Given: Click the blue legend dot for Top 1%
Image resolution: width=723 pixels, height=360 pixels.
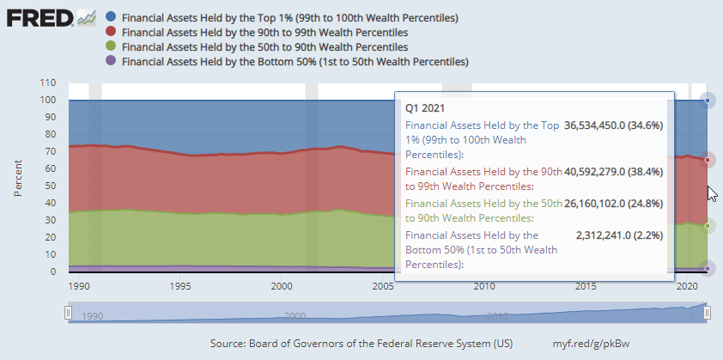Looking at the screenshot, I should pos(110,17).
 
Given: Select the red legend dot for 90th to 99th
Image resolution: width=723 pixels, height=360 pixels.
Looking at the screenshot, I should pos(110,32).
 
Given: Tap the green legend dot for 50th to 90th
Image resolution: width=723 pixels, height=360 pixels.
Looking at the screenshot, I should pos(110,46).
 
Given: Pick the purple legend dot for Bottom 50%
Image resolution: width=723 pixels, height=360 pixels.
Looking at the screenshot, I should pos(110,61).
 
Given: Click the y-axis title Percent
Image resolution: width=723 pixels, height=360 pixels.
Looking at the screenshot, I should pos(18,177).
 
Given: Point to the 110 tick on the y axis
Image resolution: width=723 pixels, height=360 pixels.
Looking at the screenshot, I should pos(48,83).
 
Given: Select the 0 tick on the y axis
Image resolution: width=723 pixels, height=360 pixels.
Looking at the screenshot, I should pos(53,272).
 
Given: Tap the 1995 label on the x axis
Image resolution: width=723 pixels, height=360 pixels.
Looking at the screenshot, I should pos(180,286).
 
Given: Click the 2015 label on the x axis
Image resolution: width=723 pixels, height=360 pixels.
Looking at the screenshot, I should pos(586,286).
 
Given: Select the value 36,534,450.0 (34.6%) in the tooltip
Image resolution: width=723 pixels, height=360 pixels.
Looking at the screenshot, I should pos(614,125).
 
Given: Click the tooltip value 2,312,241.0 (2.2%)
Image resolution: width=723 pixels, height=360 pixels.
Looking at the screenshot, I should pos(621,235).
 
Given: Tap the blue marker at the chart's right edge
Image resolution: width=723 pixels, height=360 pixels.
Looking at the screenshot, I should pos(708,101).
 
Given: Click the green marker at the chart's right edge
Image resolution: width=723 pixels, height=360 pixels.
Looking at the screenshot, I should pos(708,225).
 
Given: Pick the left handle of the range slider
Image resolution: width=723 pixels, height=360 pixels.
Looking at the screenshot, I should pos(68,314).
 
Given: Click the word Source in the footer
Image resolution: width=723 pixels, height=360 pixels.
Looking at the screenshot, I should pos(229,344).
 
